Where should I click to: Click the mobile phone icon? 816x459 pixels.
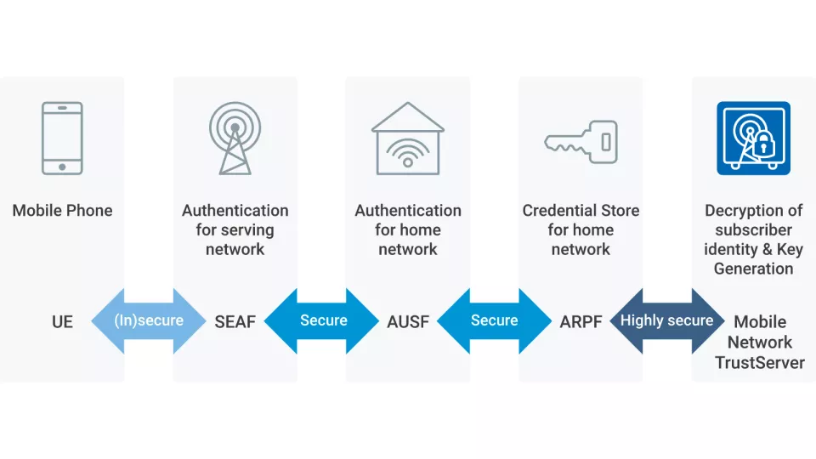click(x=62, y=139)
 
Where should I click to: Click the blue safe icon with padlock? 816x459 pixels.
click(x=753, y=139)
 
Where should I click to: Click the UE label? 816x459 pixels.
click(x=62, y=321)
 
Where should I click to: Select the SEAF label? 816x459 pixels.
click(x=235, y=321)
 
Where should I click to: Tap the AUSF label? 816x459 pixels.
click(x=408, y=321)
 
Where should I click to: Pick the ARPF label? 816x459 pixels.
click(x=581, y=321)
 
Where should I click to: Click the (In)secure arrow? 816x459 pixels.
click(x=149, y=320)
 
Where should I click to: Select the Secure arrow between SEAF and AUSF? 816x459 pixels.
click(x=322, y=320)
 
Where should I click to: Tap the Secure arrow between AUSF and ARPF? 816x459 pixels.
click(x=494, y=320)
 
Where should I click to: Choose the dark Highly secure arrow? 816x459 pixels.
click(x=666, y=320)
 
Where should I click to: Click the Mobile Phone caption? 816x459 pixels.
click(x=62, y=210)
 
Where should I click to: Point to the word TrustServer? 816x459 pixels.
click(x=760, y=362)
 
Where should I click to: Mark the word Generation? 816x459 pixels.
click(x=753, y=269)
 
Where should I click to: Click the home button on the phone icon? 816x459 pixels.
click(x=62, y=167)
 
